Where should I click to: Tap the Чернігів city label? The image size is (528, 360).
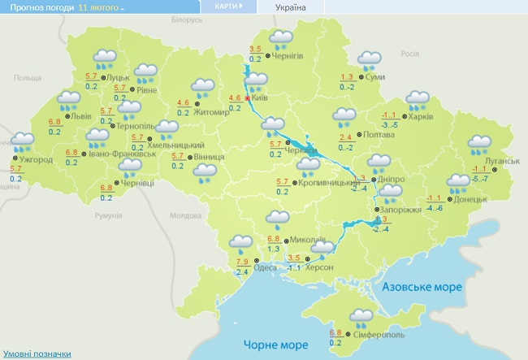(x=288, y=55)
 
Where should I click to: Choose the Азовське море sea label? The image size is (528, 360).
(x=422, y=288)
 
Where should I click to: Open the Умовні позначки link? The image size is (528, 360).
(x=36, y=354)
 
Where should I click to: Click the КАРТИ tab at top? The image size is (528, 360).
(x=227, y=7)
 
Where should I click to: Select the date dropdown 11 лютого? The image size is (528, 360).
(x=102, y=7)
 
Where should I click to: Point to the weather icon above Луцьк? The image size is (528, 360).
(x=105, y=58)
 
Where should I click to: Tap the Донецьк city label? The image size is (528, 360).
(x=470, y=199)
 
